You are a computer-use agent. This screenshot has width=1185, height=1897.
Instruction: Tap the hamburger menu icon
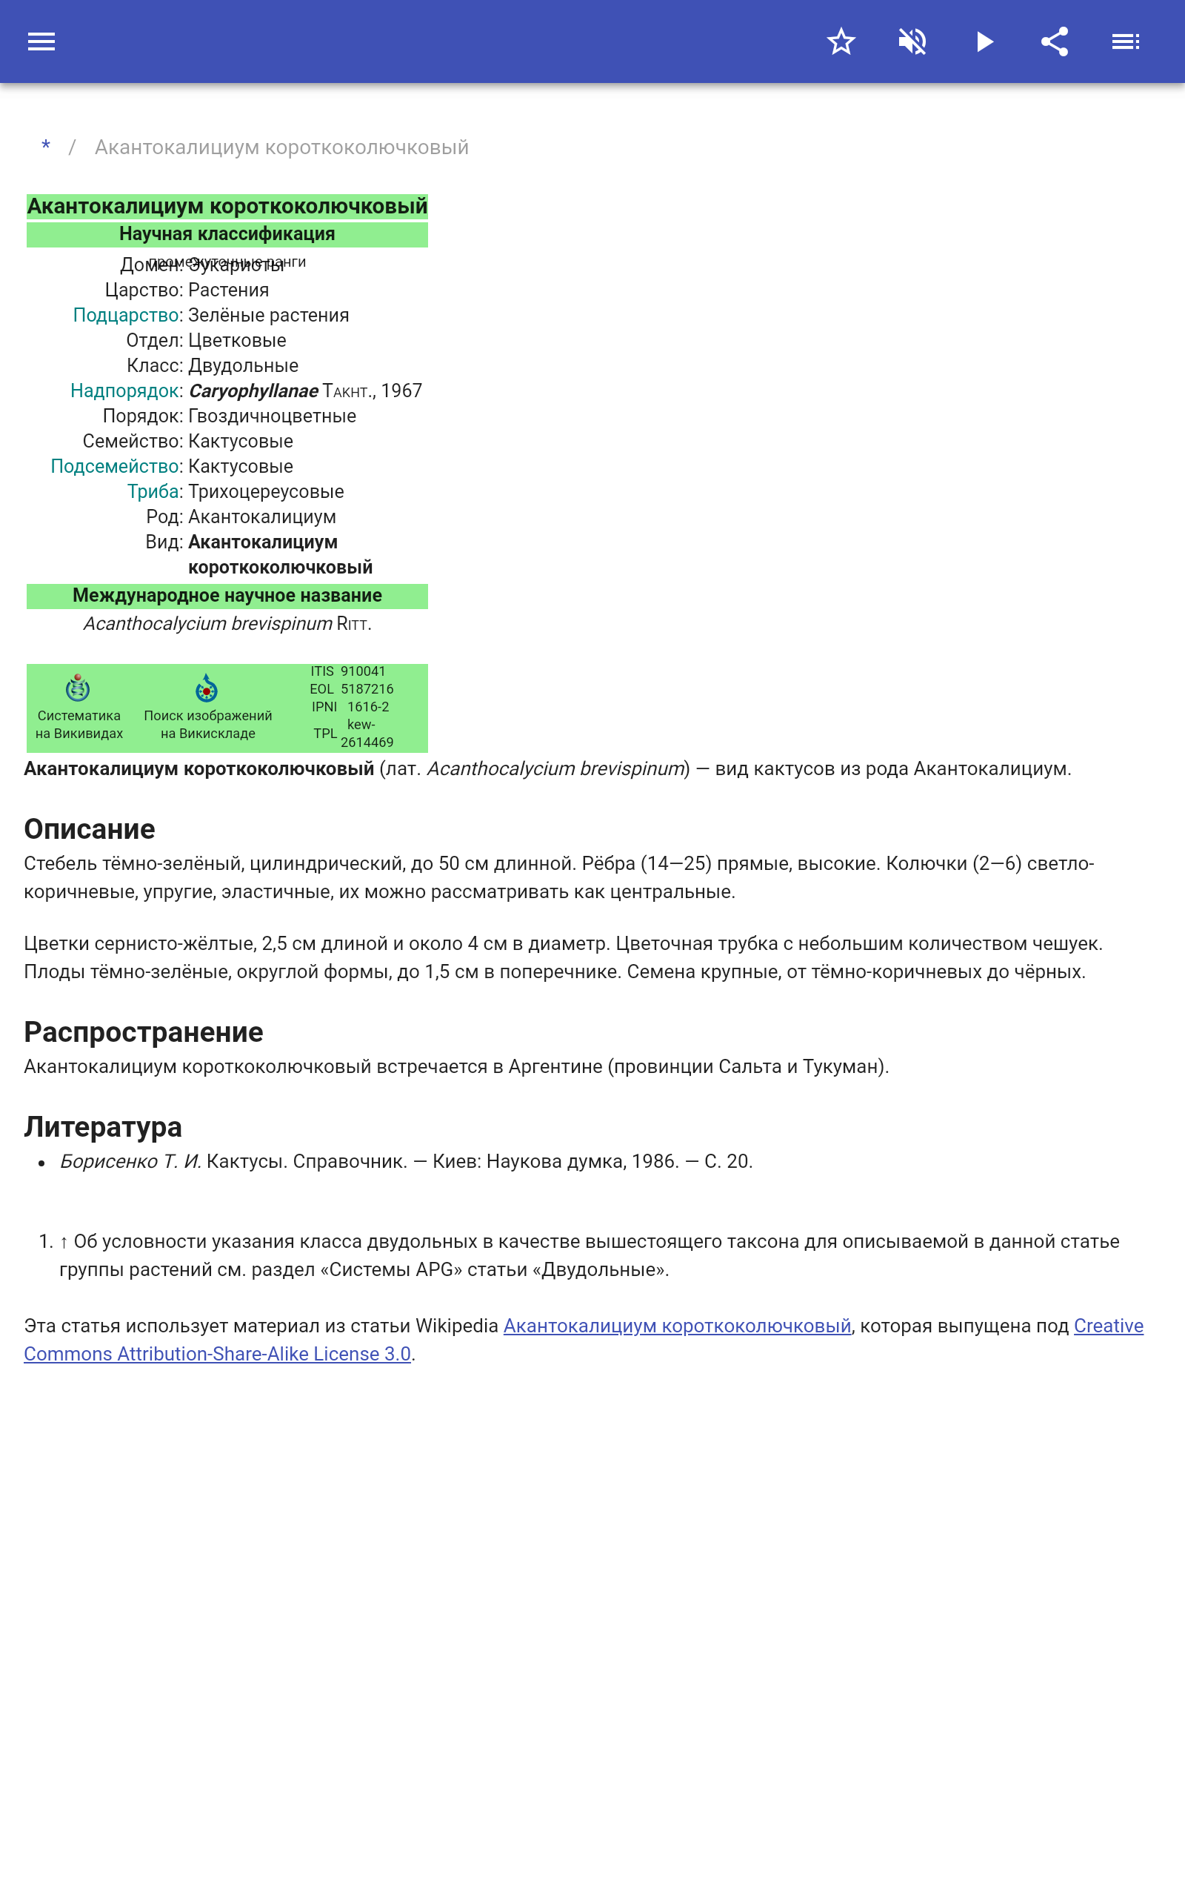click(41, 41)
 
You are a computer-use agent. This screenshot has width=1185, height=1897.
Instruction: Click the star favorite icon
click(841, 41)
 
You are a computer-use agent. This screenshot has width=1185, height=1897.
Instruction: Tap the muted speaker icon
click(912, 41)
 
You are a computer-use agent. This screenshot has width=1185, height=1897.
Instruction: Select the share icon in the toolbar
click(1055, 41)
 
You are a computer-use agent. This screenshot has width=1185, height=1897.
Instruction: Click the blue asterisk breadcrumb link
click(46, 147)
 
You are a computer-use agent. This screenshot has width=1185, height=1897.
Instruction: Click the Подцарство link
click(126, 315)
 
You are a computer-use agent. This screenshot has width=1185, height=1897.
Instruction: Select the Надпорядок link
click(124, 391)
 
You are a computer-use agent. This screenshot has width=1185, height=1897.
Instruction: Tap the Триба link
click(153, 491)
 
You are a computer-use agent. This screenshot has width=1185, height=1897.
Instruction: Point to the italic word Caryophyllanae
click(253, 391)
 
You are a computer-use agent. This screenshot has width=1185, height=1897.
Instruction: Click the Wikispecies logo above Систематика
click(78, 688)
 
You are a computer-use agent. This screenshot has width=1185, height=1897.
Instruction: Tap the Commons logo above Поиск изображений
click(206, 688)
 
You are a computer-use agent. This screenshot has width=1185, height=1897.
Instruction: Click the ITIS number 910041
click(363, 671)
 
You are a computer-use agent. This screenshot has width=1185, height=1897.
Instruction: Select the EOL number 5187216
click(367, 689)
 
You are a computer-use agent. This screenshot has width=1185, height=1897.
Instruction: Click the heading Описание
click(90, 828)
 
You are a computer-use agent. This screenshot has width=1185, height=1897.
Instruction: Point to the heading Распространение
click(144, 1031)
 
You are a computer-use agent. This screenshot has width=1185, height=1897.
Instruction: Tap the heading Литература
click(103, 1126)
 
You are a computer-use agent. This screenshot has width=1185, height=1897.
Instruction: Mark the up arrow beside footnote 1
click(64, 1242)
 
